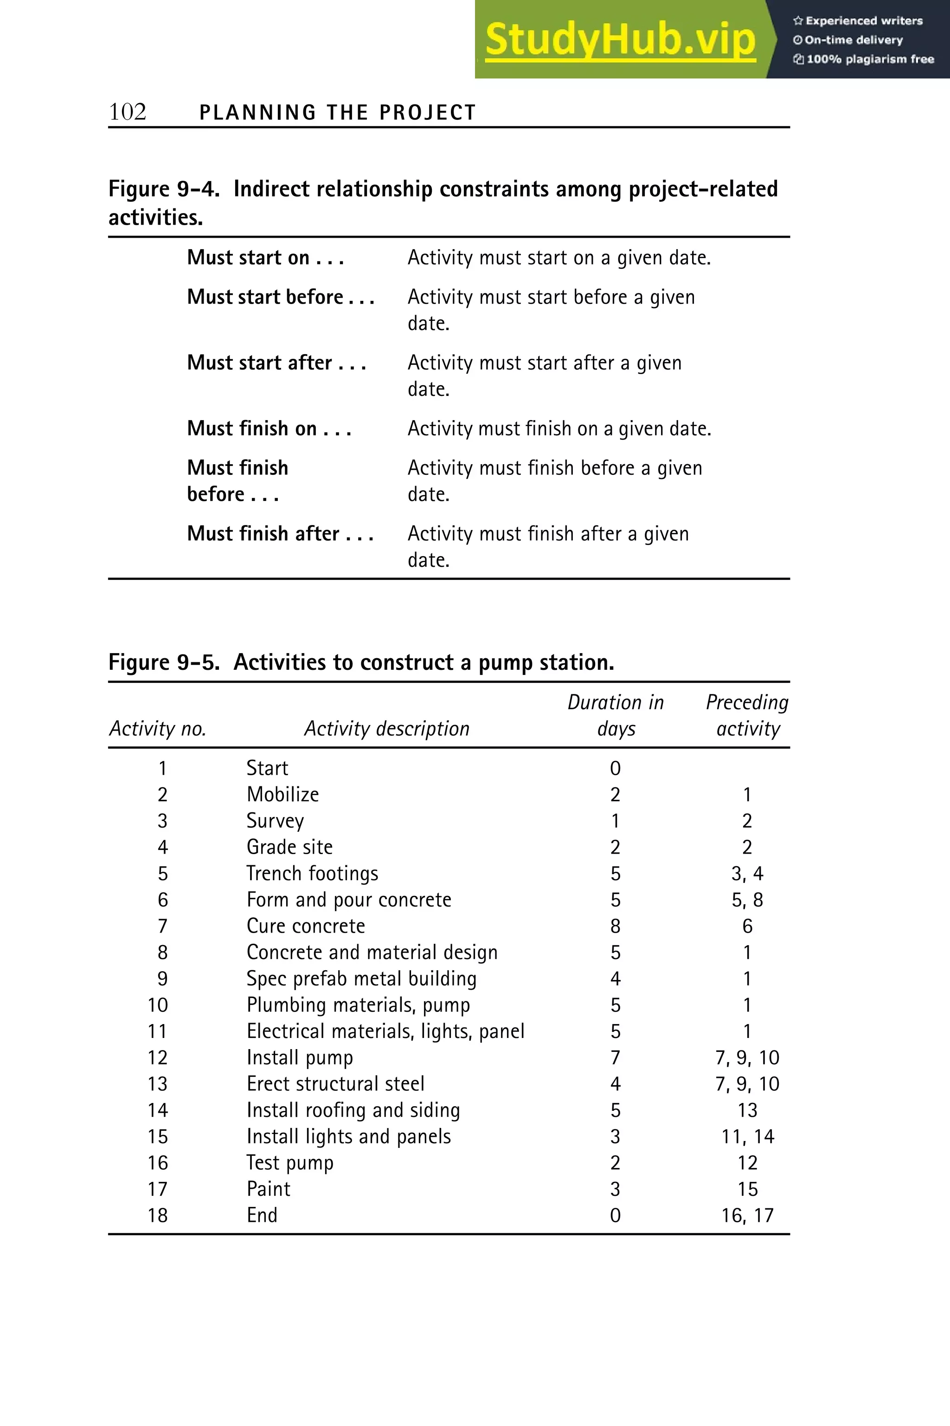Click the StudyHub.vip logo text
620,40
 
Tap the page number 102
127,112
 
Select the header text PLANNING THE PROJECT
338,113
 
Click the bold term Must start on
265,258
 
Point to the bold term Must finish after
279,533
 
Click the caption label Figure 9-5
164,662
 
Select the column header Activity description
386,728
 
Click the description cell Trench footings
312,873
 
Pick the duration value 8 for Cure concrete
615,926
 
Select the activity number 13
158,1083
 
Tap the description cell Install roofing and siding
353,1110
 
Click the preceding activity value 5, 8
747,900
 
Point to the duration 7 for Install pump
615,1057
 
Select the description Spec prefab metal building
361,979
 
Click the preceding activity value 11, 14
747,1136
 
